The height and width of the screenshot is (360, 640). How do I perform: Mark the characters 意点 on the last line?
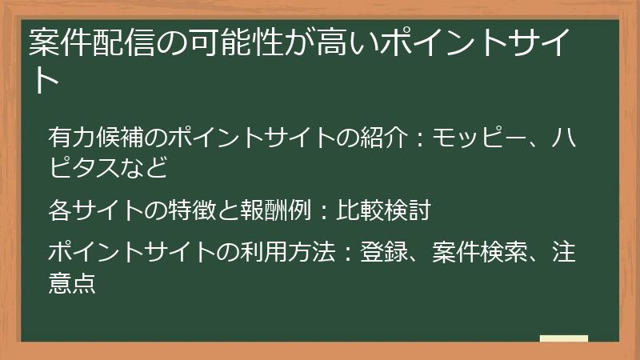(72, 283)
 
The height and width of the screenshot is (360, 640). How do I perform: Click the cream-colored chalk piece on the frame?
(564, 339)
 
